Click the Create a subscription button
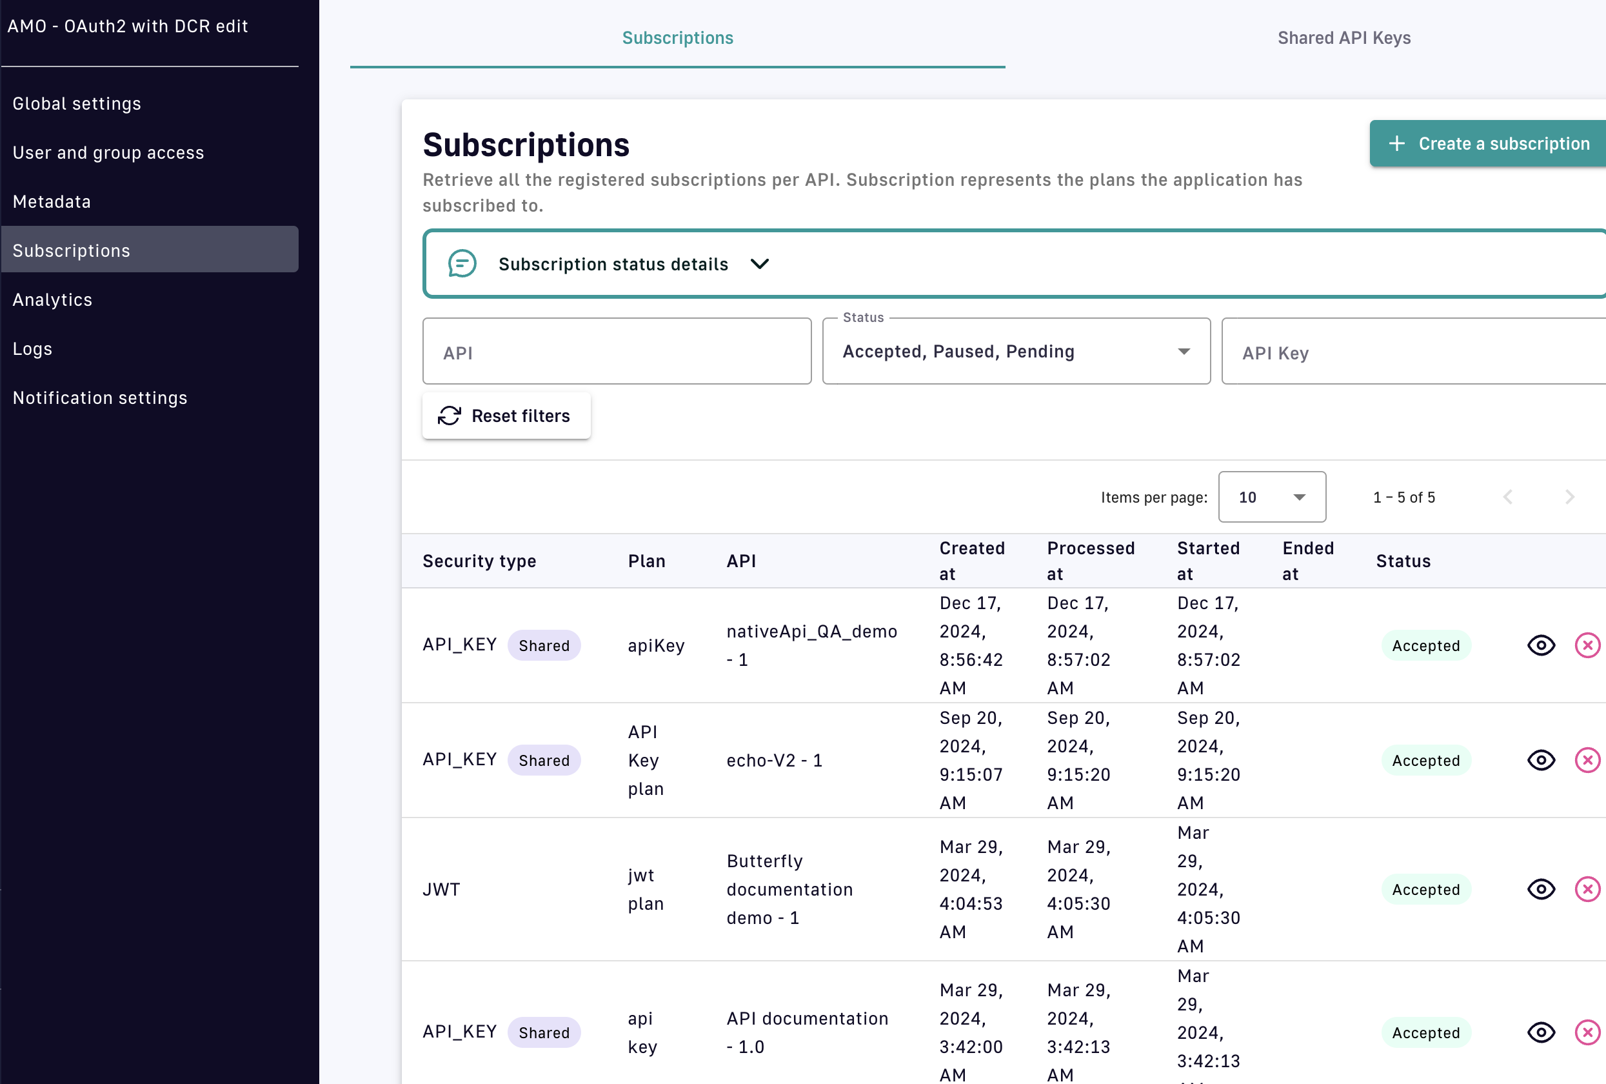pos(1490,144)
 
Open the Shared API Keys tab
pos(1343,38)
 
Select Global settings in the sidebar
pos(77,104)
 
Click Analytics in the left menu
pos(52,300)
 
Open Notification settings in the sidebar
pos(100,398)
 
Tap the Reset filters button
pos(506,416)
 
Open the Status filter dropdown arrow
pos(1184,352)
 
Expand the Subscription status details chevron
pos(760,264)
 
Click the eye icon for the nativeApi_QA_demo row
pos(1540,646)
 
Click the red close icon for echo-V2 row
pos(1587,761)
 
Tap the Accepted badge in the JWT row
pos(1425,890)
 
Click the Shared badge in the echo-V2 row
pos(544,761)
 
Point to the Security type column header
pos(479,561)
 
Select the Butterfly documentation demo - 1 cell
pos(789,890)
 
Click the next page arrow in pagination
pos(1569,497)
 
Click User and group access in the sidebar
pos(108,153)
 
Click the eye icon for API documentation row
pos(1540,1033)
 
